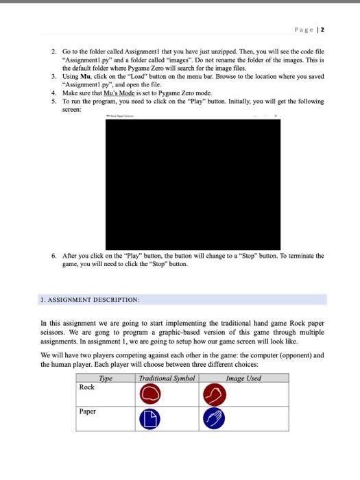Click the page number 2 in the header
pos(323,30)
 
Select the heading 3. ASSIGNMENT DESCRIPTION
pos(91,300)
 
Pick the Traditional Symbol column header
pos(167,378)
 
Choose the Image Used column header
pos(243,378)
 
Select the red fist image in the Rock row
pos(214,394)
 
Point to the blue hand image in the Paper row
pos(214,419)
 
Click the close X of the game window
pos(275,118)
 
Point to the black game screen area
pos(193,185)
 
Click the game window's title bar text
pos(123,118)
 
